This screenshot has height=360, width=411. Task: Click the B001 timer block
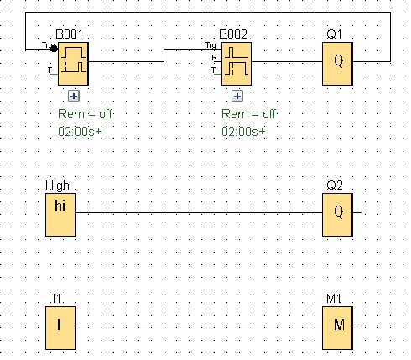click(73, 64)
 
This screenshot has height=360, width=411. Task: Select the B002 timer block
click(237, 64)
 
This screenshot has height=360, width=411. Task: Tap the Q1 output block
click(337, 64)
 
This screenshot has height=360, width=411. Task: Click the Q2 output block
click(337, 215)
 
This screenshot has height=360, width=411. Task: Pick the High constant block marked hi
click(60, 215)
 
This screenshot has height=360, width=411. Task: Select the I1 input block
click(60, 328)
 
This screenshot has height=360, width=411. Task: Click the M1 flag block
click(337, 328)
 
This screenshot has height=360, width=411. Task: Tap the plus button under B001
click(74, 96)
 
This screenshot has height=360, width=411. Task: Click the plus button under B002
click(237, 96)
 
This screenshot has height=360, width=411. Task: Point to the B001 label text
click(70, 34)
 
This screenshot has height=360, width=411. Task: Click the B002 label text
click(233, 34)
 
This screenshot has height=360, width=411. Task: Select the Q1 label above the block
click(334, 34)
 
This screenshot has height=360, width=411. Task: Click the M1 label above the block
click(334, 299)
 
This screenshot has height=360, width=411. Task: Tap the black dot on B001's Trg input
click(54, 49)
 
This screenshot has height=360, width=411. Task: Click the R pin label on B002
click(214, 58)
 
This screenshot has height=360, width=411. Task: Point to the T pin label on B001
click(49, 70)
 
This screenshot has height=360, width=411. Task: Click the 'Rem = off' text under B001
click(85, 114)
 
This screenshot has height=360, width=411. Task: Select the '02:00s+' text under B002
click(243, 131)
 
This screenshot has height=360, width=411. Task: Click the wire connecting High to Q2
click(199, 212)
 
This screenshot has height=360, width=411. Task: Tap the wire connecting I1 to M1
click(199, 326)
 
